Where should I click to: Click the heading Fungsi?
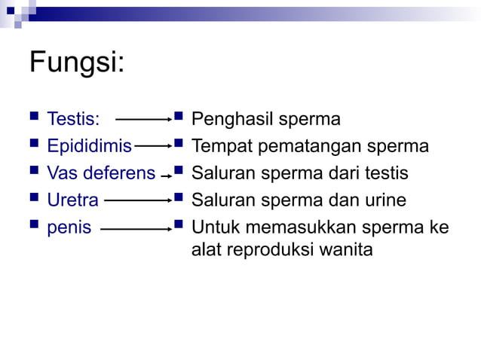(76, 63)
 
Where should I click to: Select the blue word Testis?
(73, 119)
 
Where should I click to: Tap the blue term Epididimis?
(89, 146)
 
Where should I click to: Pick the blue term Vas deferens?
(101, 173)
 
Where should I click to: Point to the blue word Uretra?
(72, 200)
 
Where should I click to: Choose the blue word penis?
(69, 227)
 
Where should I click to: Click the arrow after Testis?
(144, 120)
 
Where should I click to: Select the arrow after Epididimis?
(152, 147)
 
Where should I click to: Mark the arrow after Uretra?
(138, 201)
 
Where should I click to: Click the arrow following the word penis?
(136, 228)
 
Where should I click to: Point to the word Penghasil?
(233, 119)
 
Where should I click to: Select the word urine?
(384, 200)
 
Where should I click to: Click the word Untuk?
(213, 227)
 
